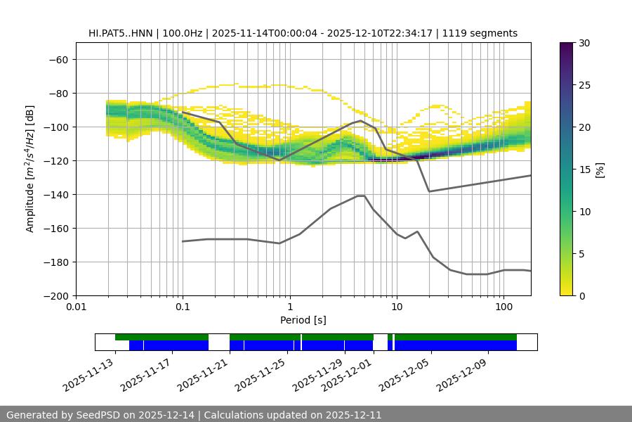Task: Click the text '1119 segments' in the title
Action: point(483,33)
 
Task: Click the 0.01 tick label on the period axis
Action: point(76,307)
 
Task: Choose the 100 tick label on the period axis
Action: point(503,307)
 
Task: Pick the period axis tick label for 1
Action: point(289,307)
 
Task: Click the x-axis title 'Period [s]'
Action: point(303,321)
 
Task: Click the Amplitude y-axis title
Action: point(30,169)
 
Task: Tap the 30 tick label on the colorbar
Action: point(584,43)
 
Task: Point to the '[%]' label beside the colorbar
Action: point(600,170)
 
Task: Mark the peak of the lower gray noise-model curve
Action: point(361,196)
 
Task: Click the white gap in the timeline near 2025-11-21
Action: point(219,342)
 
